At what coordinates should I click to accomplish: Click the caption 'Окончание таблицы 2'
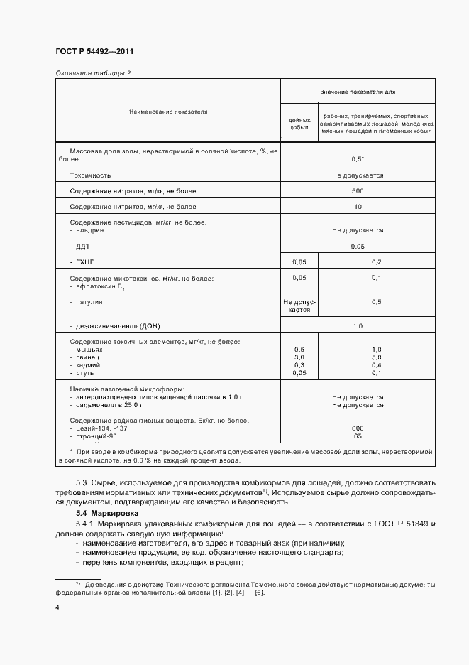click(x=93, y=73)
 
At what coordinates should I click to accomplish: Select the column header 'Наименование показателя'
click(x=168, y=112)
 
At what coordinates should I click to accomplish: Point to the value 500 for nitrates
click(x=357, y=191)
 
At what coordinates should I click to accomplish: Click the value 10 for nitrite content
click(x=357, y=207)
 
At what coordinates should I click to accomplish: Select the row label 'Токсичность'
click(x=90, y=175)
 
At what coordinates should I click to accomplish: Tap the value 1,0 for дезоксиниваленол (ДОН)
click(x=357, y=325)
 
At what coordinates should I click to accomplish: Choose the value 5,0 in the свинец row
click(x=376, y=357)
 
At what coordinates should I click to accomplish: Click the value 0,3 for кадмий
click(x=299, y=365)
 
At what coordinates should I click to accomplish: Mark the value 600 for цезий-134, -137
click(x=357, y=428)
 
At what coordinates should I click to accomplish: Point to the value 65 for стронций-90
click(x=357, y=436)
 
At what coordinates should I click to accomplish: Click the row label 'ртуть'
click(x=85, y=373)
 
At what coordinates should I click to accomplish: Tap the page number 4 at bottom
click(x=57, y=607)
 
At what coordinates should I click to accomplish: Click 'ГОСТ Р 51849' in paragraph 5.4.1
click(x=395, y=524)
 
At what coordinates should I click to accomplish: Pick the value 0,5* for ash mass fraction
click(x=358, y=159)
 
